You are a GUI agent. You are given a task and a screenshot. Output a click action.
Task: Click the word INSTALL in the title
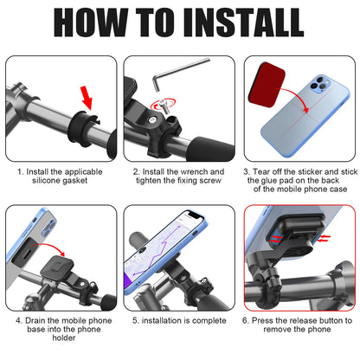coord(243,22)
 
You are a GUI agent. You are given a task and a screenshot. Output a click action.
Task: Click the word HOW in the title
coord(91,22)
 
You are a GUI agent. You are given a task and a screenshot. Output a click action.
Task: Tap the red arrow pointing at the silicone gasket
coord(87,98)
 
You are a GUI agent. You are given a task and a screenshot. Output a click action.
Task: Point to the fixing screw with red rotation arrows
coord(163,106)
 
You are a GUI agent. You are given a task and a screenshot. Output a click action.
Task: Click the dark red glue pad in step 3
coord(267,85)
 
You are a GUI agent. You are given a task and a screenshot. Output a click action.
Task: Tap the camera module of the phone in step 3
coord(319,84)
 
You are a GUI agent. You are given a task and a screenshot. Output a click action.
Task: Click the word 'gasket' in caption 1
coord(73,181)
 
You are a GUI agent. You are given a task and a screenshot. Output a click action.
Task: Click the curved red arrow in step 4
coord(48,245)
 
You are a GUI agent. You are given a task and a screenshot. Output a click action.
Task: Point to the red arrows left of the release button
coord(276,239)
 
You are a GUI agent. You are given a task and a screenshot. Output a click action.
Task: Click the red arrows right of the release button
coord(324,238)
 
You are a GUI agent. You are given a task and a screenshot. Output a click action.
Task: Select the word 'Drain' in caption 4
coord(35,321)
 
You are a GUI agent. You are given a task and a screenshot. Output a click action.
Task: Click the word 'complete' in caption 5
coord(209,321)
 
